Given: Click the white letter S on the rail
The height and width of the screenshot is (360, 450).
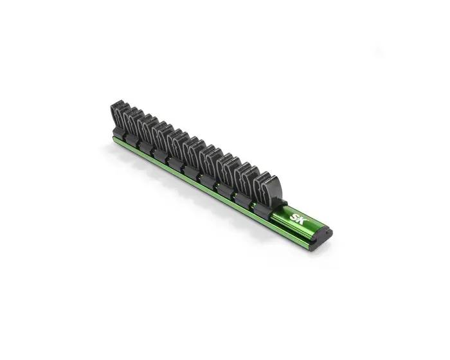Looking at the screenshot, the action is tap(294, 217).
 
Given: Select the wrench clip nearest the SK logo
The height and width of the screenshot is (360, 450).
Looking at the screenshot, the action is tap(266, 192).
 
